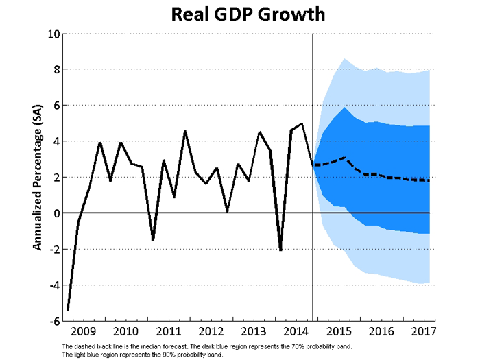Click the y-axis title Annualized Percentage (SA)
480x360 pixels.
pos(39,176)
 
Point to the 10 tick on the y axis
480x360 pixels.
pos(51,34)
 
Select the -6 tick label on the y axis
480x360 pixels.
pos(51,321)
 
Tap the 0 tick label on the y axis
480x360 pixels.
pos(55,213)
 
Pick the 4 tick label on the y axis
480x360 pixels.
pos(55,141)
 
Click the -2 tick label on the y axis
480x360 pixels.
pos(51,249)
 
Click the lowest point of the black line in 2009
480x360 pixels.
pos(68,310)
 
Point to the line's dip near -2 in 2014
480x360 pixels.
pos(280,250)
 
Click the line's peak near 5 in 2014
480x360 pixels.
pos(302,124)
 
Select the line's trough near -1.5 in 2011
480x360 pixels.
pos(152,240)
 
